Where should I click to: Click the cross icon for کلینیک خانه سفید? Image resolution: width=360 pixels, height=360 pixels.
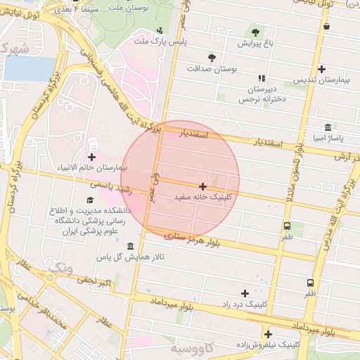pos(203,187)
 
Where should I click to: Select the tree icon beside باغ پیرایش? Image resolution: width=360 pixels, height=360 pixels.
pos(254,32)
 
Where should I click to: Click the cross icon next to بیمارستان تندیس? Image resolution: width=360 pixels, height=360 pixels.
pos(321,69)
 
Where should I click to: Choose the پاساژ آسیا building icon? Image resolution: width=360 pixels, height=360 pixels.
pos(328,127)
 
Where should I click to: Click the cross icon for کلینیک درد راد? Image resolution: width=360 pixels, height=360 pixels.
pos(245,293)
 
